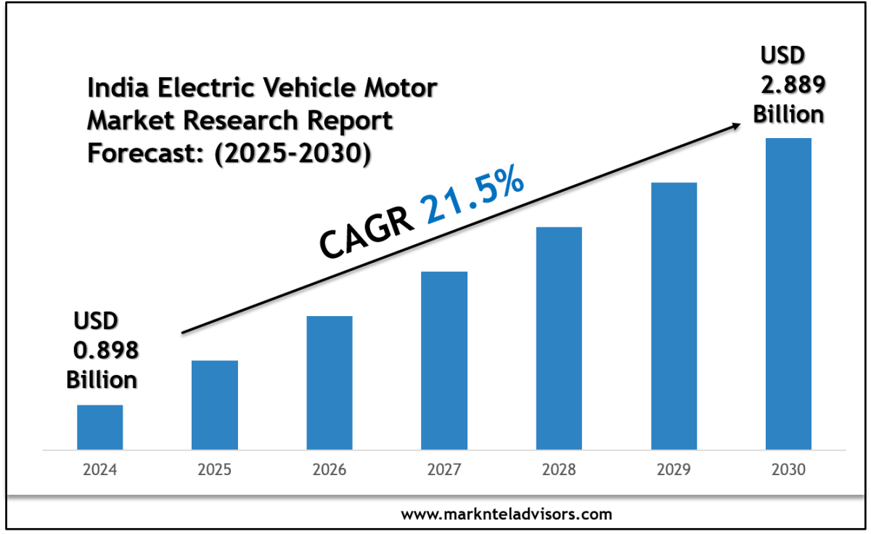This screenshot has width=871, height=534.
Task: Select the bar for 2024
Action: [100, 427]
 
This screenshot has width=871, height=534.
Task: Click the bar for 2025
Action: [215, 405]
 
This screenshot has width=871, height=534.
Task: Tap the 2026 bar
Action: [330, 382]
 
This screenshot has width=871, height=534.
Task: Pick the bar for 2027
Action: [444, 360]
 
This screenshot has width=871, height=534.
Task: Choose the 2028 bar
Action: [559, 338]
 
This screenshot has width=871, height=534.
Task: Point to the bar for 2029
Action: [674, 315]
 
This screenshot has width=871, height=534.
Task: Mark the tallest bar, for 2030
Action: [788, 294]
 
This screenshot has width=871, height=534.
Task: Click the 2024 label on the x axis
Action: [100, 470]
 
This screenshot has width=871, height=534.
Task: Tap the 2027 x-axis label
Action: [444, 470]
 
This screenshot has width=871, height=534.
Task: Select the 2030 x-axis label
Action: [788, 470]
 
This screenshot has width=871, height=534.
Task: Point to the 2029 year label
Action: [674, 470]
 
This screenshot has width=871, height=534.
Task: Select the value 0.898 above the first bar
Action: [106, 351]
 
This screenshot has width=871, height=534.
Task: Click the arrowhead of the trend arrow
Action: [735, 126]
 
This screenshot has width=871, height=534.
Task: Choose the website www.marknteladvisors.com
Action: [506, 514]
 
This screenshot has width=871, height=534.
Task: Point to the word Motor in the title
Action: [402, 89]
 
